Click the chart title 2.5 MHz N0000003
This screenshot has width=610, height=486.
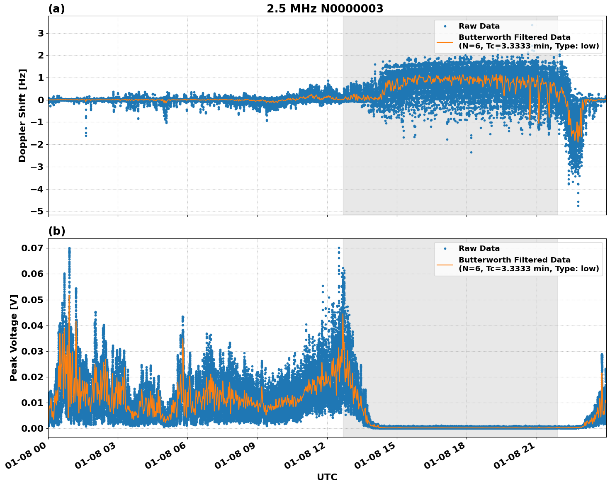[x=325, y=9]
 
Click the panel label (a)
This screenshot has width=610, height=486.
[x=56, y=9]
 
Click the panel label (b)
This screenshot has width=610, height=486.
[x=56, y=231]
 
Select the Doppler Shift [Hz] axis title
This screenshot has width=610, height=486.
[x=22, y=115]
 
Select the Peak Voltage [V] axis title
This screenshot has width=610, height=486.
[x=14, y=338]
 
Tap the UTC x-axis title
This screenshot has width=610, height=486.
[x=327, y=477]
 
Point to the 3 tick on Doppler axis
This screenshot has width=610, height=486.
[x=41, y=33]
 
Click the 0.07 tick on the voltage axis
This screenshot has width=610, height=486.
[x=32, y=248]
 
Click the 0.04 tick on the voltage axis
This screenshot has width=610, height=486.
[x=32, y=326]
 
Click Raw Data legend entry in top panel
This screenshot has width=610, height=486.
[x=479, y=26]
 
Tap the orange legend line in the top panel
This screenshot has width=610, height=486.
[x=445, y=42]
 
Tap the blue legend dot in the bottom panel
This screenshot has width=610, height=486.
[x=445, y=248]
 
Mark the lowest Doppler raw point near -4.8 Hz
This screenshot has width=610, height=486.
[x=578, y=206]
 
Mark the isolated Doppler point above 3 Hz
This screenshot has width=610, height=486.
[x=532, y=25]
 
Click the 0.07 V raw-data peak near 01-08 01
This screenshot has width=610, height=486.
[x=69, y=248]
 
